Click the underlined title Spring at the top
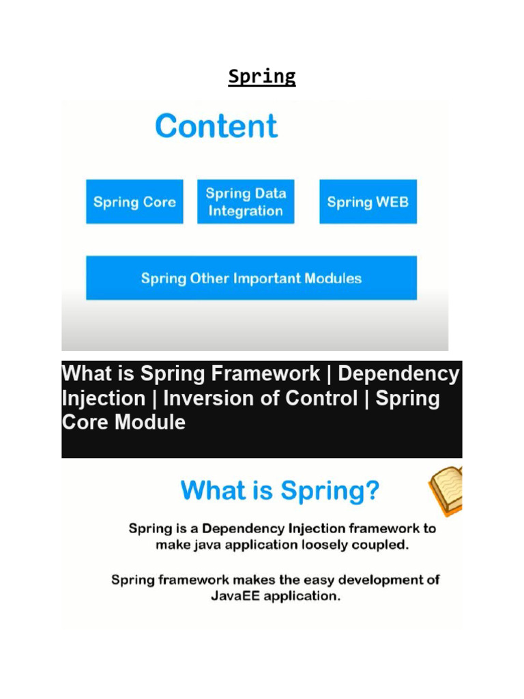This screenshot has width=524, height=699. pyautogui.click(x=262, y=77)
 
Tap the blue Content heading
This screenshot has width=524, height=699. pyautogui.click(x=216, y=126)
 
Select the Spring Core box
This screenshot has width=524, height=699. pyautogui.click(x=134, y=202)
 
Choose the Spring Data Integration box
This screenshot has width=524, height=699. pyautogui.click(x=246, y=202)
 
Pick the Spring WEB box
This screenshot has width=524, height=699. pyautogui.click(x=368, y=202)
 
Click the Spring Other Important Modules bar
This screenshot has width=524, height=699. pyautogui.click(x=251, y=279)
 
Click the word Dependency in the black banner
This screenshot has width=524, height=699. pyautogui.click(x=398, y=374)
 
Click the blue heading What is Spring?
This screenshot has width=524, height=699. pyautogui.click(x=280, y=491)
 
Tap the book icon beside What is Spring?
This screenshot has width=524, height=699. pyautogui.click(x=446, y=489)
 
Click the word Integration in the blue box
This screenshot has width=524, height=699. pyautogui.click(x=246, y=212)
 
